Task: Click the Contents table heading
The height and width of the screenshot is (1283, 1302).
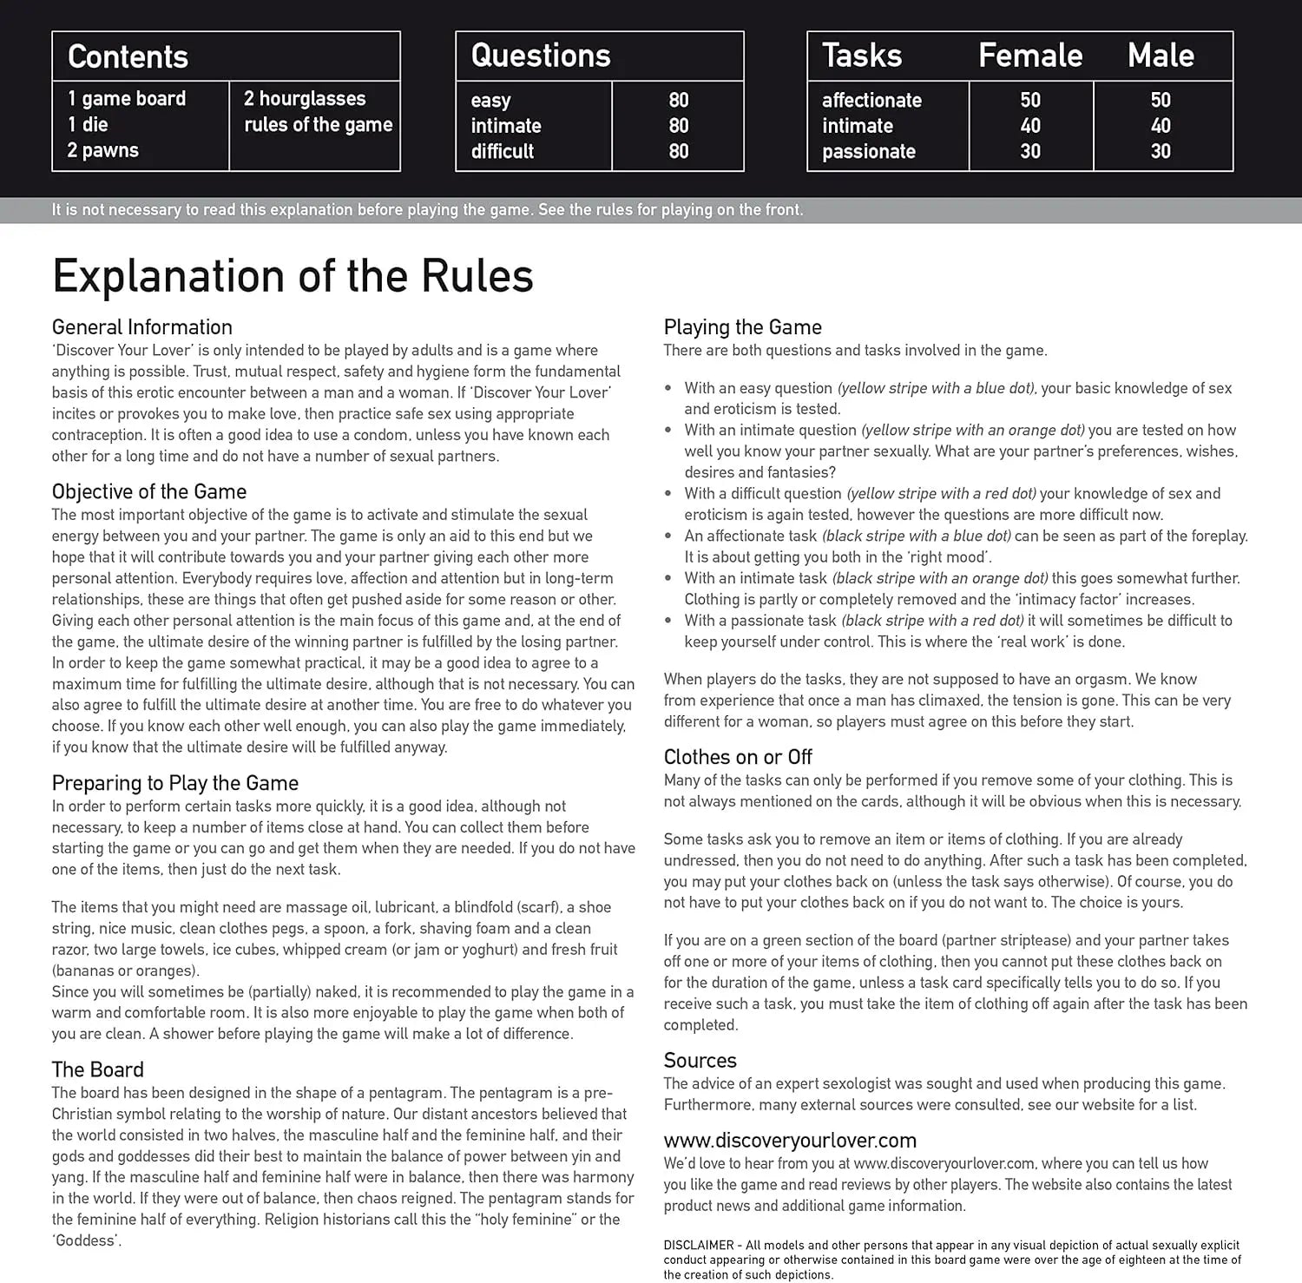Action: click(x=128, y=57)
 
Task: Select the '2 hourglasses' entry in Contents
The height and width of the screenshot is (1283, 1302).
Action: click(x=305, y=99)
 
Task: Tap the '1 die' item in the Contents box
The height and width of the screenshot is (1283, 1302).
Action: click(x=88, y=124)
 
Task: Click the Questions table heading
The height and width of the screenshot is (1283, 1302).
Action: click(x=541, y=56)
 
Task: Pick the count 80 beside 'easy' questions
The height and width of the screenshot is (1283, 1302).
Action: click(x=679, y=101)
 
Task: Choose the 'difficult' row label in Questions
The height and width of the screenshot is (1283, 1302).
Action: click(x=503, y=152)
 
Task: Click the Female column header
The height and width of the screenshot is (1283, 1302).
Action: click(x=1030, y=56)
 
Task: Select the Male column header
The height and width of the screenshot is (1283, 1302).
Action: click(x=1161, y=56)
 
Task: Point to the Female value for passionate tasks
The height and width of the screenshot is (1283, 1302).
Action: click(x=1030, y=152)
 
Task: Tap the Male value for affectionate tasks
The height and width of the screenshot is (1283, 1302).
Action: click(x=1161, y=101)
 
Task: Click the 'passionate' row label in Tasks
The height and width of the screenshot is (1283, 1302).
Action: click(x=869, y=152)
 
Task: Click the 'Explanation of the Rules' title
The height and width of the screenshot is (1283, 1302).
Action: click(x=293, y=276)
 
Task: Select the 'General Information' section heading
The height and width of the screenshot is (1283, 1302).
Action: click(x=142, y=327)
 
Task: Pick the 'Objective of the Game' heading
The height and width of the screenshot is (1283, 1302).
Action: click(x=149, y=492)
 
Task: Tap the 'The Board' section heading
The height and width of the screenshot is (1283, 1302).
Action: click(x=98, y=1069)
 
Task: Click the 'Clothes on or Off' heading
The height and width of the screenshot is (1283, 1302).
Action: click(x=738, y=757)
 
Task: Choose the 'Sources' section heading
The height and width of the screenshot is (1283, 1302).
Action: click(x=700, y=1061)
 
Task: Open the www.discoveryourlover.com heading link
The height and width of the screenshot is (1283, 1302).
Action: click(x=790, y=1141)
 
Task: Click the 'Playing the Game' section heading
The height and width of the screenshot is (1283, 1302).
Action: click(x=742, y=327)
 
